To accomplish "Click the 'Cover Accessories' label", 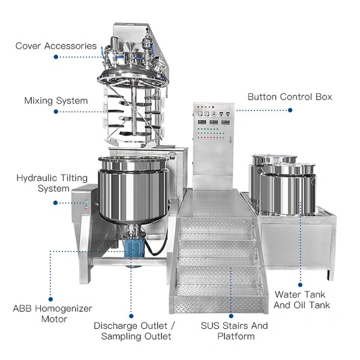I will click(x=56, y=46).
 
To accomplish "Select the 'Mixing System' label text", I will click(x=56, y=101).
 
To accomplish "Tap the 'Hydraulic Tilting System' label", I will click(x=52, y=184).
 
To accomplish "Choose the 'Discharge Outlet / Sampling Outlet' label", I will click(x=134, y=331).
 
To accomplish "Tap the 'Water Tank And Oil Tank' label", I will click(x=302, y=300).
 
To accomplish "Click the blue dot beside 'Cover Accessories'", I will click(x=56, y=57).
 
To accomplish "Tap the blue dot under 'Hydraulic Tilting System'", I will click(x=56, y=202).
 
